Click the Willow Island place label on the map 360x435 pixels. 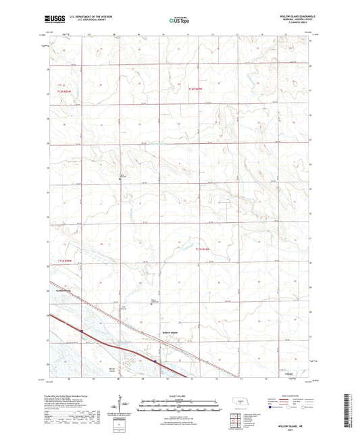point(170,333)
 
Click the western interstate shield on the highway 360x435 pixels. point(82,331)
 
